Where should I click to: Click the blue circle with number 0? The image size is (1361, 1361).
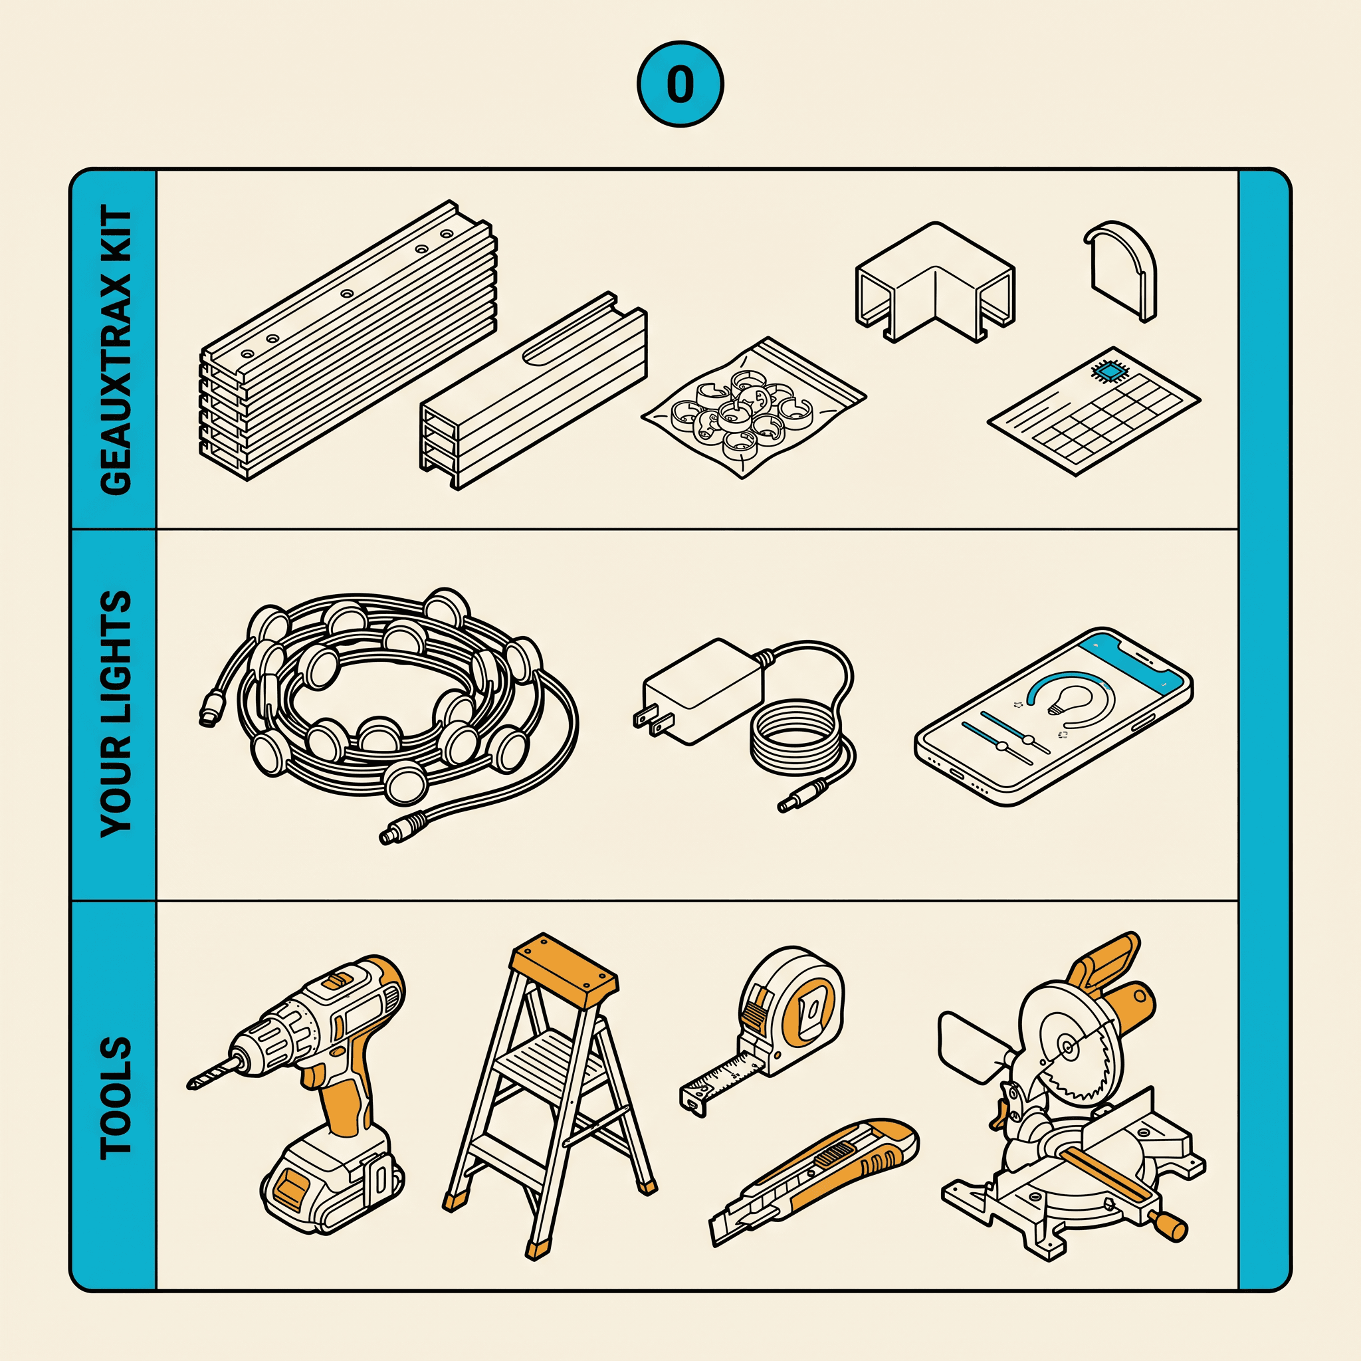(680, 84)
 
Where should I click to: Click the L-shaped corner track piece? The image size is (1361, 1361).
(934, 282)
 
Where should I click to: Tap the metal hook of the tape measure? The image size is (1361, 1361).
(693, 1102)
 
